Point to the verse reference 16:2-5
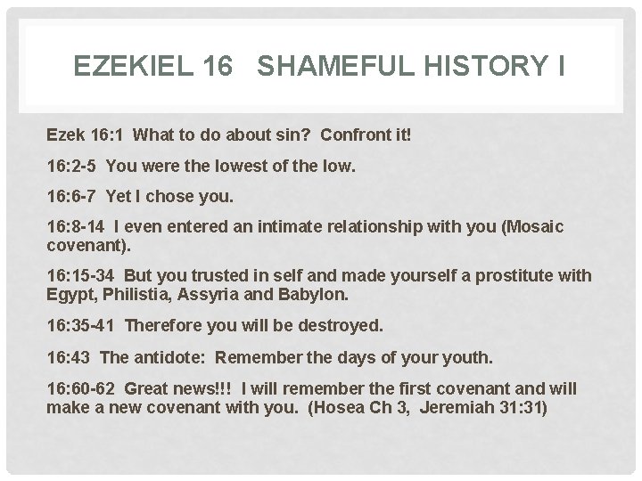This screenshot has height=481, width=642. click(x=72, y=167)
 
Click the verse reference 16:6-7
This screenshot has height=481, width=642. click(x=72, y=198)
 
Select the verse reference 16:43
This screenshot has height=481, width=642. click(x=69, y=357)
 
